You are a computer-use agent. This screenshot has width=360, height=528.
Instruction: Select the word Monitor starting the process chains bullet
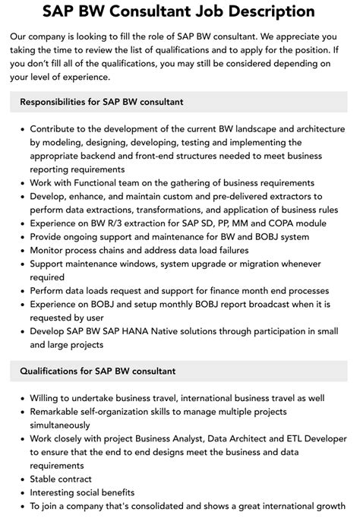(51, 251)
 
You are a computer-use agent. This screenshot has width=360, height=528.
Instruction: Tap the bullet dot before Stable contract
(21, 479)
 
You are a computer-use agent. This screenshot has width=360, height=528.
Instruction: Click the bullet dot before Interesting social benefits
(21, 493)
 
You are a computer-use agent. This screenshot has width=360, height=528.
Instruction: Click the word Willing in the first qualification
(48, 398)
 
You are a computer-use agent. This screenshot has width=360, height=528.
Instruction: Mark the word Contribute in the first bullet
(57, 128)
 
